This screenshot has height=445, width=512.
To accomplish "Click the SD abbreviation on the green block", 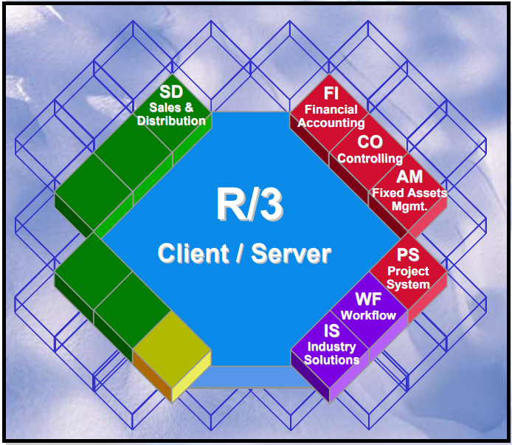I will (171, 93).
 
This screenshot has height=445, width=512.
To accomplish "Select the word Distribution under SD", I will (171, 120).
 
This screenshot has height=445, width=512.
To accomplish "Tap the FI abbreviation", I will (331, 94).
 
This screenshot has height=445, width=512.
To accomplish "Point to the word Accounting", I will (331, 123).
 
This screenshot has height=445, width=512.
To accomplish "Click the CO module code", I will (370, 142).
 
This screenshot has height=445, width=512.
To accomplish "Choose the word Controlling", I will (370, 158).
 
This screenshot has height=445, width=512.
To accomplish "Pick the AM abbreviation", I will (409, 177).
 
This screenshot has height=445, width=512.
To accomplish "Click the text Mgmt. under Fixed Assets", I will (409, 207).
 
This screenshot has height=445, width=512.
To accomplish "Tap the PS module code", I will (408, 255).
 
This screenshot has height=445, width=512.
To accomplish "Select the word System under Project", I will (408, 284).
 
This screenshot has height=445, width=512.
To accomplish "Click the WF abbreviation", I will (368, 300).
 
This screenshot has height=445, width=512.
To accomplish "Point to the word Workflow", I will (368, 315).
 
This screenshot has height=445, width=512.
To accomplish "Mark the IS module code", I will (331, 331).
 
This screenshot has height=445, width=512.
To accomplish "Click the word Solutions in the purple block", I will (332, 360).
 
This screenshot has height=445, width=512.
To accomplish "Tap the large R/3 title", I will (250, 204).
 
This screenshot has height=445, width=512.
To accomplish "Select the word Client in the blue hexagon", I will (193, 253).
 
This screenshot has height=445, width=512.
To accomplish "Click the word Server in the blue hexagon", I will (291, 253).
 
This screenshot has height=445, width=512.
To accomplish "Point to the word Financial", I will (331, 110).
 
